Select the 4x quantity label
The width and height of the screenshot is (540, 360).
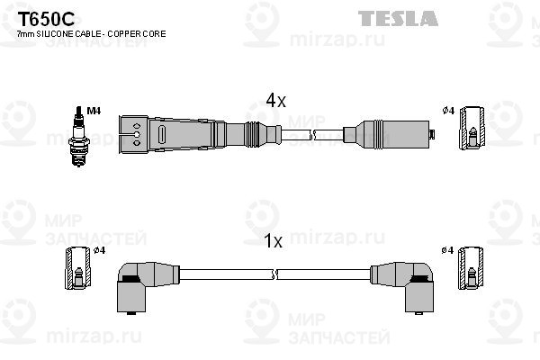[275, 102]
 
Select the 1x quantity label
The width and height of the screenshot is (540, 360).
[275, 241]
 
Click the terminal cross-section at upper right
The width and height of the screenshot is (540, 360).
[471, 131]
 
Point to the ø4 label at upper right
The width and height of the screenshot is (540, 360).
[447, 111]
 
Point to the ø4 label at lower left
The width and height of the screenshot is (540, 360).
[100, 249]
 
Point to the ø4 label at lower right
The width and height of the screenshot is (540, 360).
[447, 249]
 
